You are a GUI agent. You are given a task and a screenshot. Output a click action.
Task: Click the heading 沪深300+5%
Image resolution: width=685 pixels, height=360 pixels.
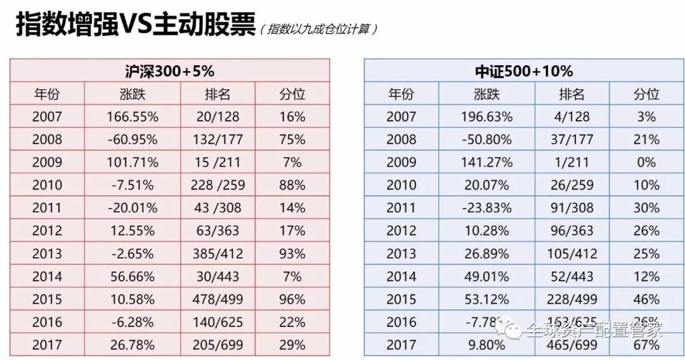coord(169,71)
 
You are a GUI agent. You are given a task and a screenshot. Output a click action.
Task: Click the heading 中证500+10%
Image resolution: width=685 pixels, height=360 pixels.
coord(524,71)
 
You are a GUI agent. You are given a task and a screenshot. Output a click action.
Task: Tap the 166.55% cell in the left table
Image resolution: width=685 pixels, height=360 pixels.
coord(130,117)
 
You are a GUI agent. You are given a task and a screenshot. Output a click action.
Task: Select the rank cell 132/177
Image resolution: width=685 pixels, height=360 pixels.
coord(218,139)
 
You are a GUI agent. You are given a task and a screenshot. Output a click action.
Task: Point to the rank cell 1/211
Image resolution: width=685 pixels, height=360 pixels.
coord(571,162)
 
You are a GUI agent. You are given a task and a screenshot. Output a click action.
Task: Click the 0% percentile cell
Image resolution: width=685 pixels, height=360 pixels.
coord(646,162)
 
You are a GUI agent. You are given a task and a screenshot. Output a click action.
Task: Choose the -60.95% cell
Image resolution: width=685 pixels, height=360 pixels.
coord(130,139)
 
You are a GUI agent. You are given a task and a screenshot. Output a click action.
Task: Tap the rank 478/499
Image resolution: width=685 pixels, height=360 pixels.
coord(218,299)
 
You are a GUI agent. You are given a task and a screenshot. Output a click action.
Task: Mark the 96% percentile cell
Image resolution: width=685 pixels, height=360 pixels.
coord(292,299)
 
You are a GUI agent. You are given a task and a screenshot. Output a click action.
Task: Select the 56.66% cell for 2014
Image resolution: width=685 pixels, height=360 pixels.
coord(130,276)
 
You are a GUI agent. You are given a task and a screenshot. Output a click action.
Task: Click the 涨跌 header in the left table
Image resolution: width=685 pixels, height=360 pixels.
coord(131,94)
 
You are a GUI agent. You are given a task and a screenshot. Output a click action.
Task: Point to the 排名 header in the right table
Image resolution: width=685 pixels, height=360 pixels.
coord(571,94)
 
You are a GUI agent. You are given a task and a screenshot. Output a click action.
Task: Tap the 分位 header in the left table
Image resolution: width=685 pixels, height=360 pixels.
coord(292,94)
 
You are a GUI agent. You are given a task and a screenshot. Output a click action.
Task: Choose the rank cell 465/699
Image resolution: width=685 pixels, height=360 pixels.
coord(571,345)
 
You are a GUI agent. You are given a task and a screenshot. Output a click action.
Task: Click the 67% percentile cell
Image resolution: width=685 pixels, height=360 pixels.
coord(646,345)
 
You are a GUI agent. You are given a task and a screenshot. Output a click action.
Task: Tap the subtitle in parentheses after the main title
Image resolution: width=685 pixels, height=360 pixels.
coord(319,29)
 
